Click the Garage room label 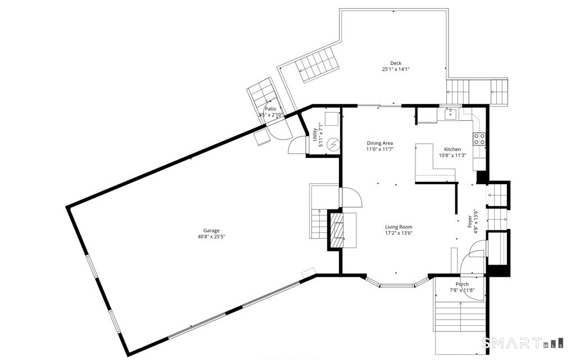point(211,231)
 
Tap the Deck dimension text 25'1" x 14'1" point(396,69)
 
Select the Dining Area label point(380,143)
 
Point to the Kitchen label point(452,149)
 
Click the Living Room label point(399,227)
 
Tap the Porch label point(462,284)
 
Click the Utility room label point(315,135)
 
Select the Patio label point(270,109)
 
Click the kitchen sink point(450,113)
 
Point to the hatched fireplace point(337,231)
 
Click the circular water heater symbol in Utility point(333,145)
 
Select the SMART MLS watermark point(522,343)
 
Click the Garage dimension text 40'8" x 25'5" point(211,237)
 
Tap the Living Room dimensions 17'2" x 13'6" point(399,233)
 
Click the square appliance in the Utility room point(332,119)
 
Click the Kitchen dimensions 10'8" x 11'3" point(452,155)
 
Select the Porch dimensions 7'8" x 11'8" point(462,290)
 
